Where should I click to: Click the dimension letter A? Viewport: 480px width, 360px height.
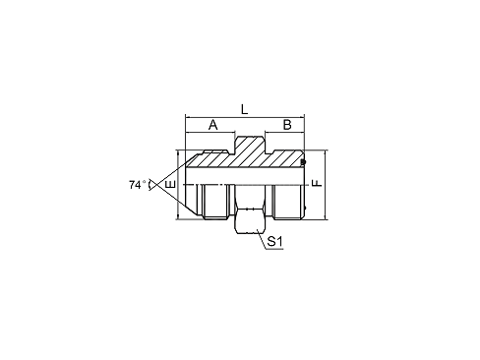coord(212,125)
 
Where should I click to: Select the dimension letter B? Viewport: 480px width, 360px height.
coord(286,125)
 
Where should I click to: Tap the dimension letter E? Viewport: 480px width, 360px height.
coord(169,184)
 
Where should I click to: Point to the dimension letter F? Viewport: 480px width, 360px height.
coord(317,184)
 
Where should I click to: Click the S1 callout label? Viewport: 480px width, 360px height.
coord(276,240)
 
